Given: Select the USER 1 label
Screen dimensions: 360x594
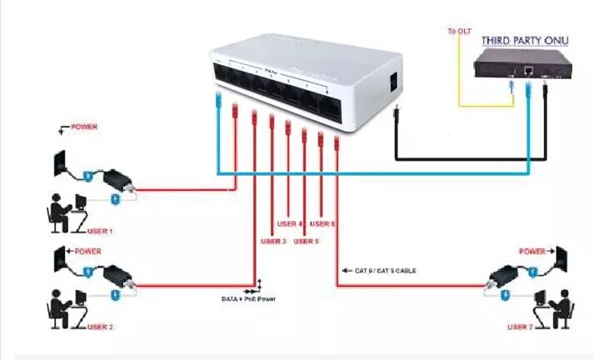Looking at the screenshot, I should click(x=99, y=231).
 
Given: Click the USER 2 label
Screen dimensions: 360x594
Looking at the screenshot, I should click(x=99, y=327).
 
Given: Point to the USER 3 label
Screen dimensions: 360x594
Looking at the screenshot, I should click(x=273, y=241).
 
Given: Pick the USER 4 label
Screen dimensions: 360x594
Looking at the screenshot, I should click(x=289, y=223).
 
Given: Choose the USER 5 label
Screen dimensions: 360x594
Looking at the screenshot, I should click(x=306, y=241).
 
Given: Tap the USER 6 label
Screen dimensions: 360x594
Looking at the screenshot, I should click(x=322, y=223).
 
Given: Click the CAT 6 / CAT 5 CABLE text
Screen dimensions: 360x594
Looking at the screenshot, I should click(x=386, y=271).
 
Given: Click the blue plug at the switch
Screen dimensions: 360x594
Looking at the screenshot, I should click(x=218, y=104).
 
